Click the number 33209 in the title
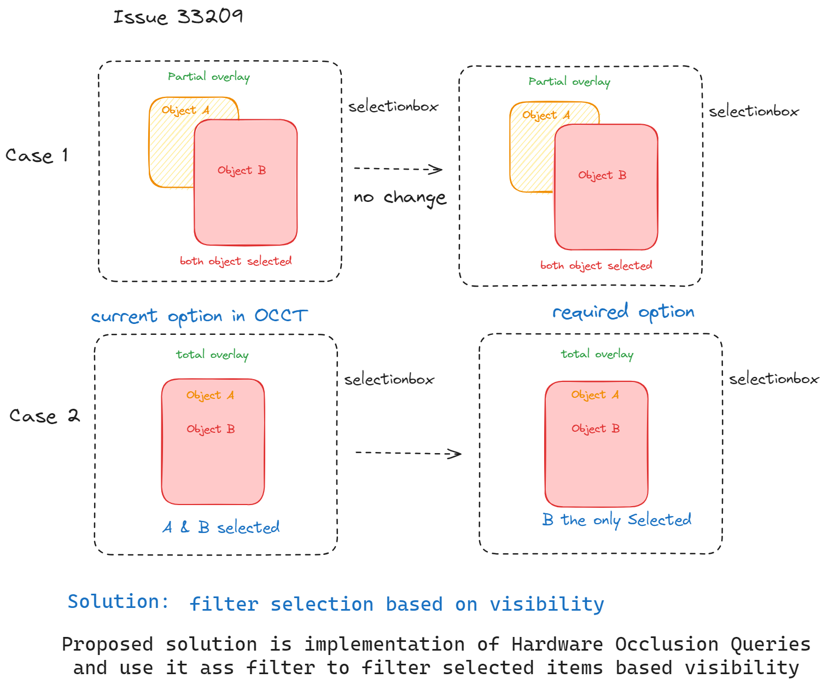(x=210, y=16)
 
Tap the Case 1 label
(x=37, y=156)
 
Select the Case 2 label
(x=44, y=416)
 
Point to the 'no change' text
(x=400, y=198)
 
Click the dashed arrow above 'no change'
(x=398, y=169)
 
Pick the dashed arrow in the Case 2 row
(x=408, y=453)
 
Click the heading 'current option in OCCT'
(x=199, y=316)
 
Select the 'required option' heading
(x=623, y=312)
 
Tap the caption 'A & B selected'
(x=221, y=528)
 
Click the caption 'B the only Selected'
(x=616, y=520)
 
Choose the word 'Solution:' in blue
(x=118, y=601)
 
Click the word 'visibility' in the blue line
(x=547, y=604)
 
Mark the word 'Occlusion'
(x=667, y=644)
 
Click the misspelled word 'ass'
(x=217, y=668)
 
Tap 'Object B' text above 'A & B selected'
(x=211, y=429)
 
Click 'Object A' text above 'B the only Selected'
(x=595, y=395)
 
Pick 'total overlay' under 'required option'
(x=597, y=355)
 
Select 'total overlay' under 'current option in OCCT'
(x=212, y=355)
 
